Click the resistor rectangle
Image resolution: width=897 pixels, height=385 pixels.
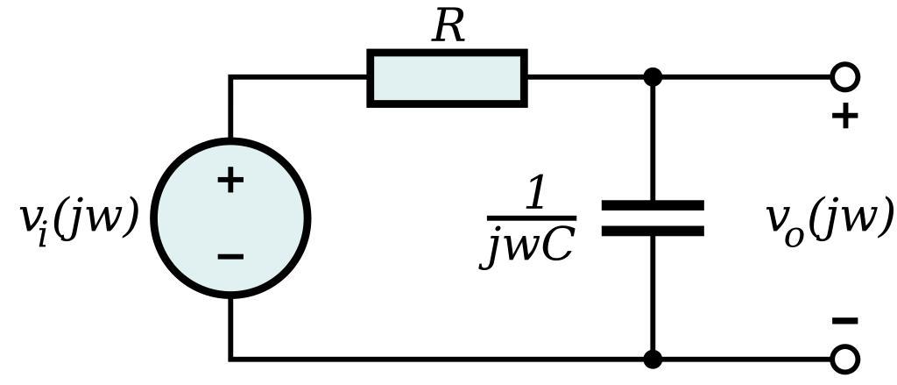[447, 78]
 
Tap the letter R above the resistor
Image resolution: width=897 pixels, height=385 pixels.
[448, 27]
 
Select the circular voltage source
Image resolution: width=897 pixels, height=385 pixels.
[230, 218]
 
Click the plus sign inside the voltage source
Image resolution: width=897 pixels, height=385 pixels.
[230, 181]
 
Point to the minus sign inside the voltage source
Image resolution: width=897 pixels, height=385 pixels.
[230, 256]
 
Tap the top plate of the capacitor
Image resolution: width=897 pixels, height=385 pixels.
[653, 205]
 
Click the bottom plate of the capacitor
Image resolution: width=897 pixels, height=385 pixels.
[653, 232]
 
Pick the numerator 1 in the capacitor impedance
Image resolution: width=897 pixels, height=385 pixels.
[533, 196]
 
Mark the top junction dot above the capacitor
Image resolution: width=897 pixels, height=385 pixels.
[653, 77]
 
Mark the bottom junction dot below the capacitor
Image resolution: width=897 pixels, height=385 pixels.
[653, 359]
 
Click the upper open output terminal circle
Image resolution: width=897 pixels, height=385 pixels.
[844, 77]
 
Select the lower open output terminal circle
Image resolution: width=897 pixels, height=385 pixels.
[844, 359]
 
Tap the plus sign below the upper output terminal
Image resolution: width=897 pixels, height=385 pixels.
[844, 116]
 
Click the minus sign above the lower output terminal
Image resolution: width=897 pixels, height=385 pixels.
[844, 321]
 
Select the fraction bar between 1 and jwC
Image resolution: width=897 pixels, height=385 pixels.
[531, 217]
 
